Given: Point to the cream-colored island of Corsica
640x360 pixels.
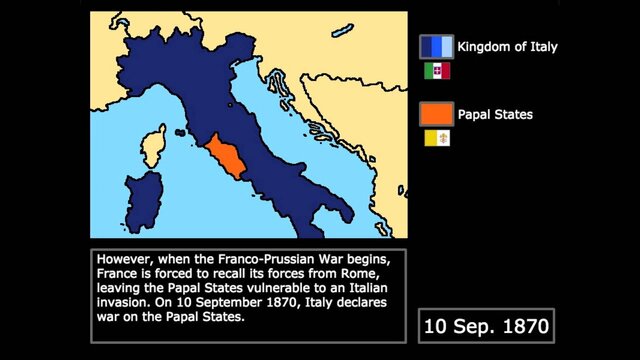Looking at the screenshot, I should pyautogui.click(x=154, y=147).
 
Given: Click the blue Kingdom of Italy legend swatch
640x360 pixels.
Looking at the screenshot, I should pyautogui.click(x=436, y=47).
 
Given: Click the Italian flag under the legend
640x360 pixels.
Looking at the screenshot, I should pyautogui.click(x=437, y=72).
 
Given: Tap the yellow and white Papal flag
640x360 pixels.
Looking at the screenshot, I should pyautogui.click(x=437, y=140).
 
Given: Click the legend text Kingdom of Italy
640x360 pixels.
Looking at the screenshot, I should pyautogui.click(x=507, y=47).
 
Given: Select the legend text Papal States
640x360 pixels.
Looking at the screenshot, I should pyautogui.click(x=494, y=115).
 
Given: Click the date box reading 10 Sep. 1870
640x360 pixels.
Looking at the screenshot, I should pyautogui.click(x=485, y=325).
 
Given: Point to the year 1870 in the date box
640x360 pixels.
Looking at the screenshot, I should pyautogui.click(x=518, y=325).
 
